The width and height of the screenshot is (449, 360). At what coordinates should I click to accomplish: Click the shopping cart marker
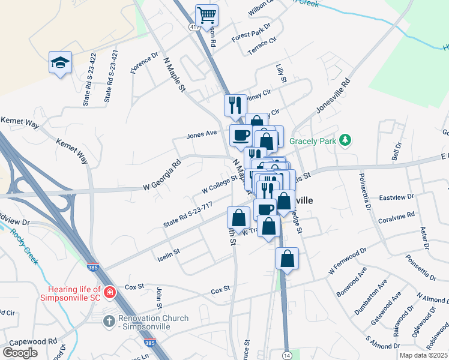coord(206,15)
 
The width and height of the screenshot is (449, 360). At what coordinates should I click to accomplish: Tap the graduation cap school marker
coord(60,62)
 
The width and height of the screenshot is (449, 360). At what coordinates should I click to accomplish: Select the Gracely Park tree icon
coord(345,140)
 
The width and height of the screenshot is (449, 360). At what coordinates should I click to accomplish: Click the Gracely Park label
coord(311,141)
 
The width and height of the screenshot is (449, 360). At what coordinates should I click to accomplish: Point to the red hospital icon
coord(109,293)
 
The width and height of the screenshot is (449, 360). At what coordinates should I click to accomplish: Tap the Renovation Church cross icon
coord(109,322)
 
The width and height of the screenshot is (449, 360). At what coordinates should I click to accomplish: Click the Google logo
coord(20,352)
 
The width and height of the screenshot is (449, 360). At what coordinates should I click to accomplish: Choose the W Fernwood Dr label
coord(346,265)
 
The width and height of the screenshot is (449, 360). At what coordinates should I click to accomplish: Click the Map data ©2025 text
coord(423,355)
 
